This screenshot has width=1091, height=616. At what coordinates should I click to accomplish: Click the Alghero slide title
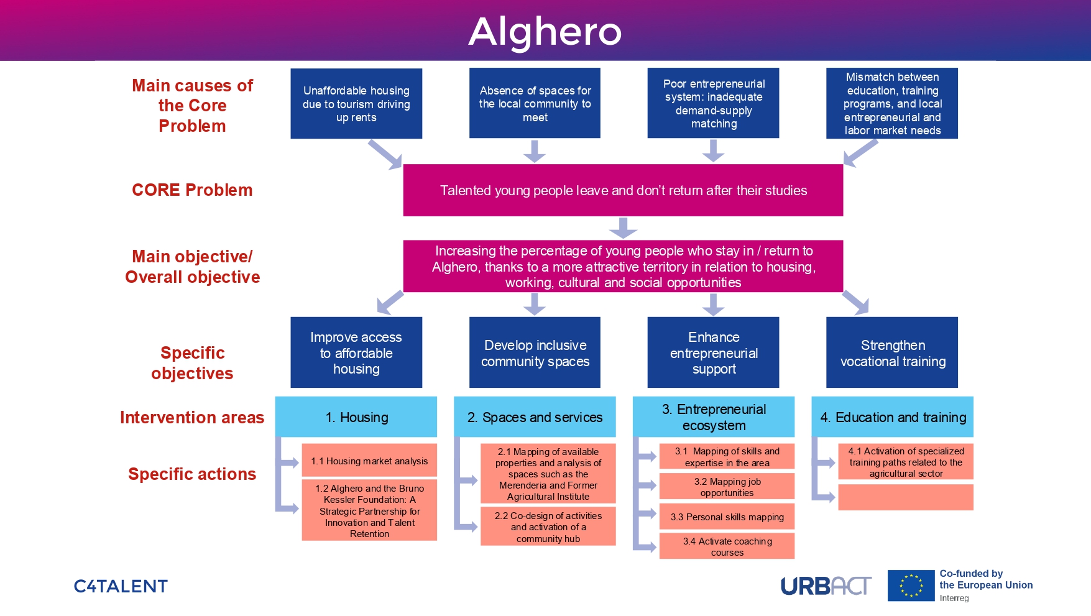coord(545,31)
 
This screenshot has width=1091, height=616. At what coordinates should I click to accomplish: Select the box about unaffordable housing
coord(356,104)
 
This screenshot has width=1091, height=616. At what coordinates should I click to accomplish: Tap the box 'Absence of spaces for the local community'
coord(535,104)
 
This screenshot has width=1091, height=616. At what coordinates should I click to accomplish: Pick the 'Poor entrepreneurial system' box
coord(713,104)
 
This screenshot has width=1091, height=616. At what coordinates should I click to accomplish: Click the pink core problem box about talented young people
coord(623,190)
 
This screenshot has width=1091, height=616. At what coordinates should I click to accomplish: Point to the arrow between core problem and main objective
coord(623,228)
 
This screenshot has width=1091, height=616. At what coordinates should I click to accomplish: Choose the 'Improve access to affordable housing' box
coord(356,352)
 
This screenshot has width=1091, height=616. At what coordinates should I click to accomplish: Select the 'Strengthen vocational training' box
coord(892,352)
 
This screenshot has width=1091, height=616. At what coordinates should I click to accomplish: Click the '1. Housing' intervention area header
coord(356,417)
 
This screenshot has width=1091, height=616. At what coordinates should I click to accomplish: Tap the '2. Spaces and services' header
coord(535,417)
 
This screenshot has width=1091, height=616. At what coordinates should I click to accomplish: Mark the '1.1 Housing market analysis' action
coord(369,461)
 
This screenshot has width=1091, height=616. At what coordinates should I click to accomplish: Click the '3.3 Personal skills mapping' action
coord(727,517)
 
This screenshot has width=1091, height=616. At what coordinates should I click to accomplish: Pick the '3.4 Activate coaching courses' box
coord(727,546)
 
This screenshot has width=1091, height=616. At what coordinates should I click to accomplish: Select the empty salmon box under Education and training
coord(906,497)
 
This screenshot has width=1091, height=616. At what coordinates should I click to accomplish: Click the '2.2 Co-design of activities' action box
coord(548,526)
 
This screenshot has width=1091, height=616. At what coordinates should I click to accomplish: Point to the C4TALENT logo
coord(121,586)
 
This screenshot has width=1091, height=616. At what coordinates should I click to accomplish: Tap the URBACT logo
coord(826,586)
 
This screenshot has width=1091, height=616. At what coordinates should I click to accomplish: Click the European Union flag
coord(911,586)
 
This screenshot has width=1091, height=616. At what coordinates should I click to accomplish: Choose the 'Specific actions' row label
coord(192,474)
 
